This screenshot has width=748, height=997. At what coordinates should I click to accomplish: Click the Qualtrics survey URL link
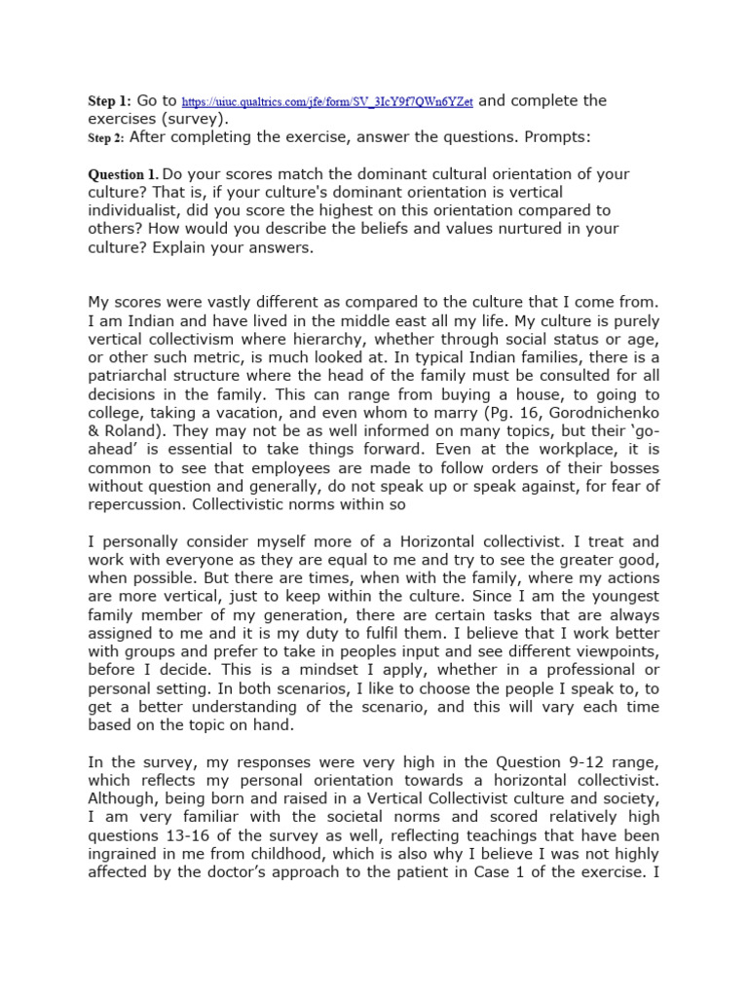327,102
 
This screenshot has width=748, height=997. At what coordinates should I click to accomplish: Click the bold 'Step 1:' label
109,101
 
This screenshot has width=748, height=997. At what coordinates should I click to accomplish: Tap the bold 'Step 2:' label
106,138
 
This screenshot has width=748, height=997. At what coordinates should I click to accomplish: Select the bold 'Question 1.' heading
124,174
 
